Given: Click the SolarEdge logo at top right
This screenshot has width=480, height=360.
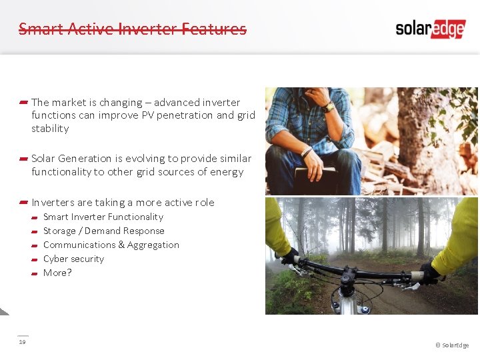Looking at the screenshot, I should pos(430,29).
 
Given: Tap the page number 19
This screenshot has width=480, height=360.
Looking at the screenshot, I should pos(22,342).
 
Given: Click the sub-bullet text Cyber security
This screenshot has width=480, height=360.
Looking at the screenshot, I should pos(73,259).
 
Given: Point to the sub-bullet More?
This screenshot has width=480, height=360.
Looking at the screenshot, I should pos(57,273).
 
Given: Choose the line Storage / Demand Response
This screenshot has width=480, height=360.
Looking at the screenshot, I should pos(103,231).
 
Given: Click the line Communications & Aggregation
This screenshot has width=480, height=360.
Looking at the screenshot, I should pos(111,245).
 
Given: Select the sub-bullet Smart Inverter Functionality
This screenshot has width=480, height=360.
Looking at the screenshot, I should pos(103,217).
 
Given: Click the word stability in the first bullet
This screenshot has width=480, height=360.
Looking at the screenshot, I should pos(50,129).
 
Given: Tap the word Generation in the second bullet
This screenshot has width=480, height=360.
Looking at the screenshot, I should pos(85,159).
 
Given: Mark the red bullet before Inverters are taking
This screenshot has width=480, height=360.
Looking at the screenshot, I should pos(23,202).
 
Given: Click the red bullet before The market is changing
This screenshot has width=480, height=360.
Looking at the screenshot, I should pos(23,102).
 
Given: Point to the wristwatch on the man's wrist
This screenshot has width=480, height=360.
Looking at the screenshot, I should pos(328,107).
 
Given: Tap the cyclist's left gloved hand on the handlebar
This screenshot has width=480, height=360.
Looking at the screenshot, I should pos(289,256).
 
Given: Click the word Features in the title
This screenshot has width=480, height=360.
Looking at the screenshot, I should pos(214,29).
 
